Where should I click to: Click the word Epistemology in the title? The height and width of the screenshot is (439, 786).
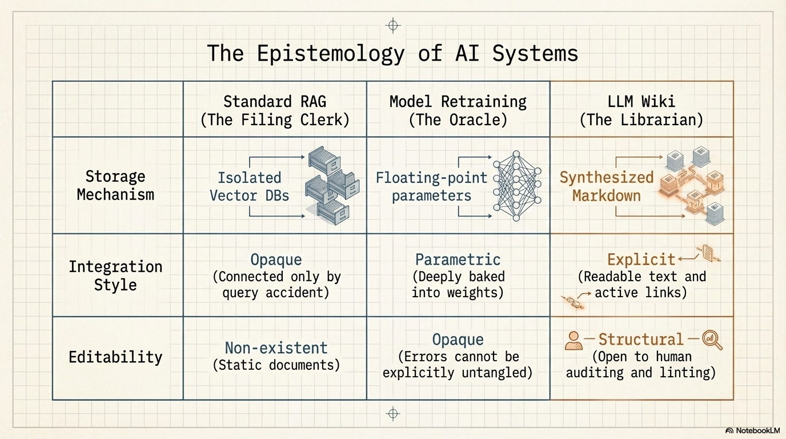point(330,53)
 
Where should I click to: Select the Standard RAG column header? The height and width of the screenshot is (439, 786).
point(275,110)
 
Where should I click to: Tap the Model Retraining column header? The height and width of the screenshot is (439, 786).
point(458,110)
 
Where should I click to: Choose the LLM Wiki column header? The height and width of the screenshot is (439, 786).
point(641,110)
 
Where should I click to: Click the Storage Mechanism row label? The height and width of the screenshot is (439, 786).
point(115,185)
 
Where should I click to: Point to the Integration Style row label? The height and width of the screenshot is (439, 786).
point(115,276)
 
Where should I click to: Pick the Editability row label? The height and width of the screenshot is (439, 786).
point(115,357)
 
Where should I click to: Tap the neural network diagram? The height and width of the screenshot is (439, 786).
point(516,186)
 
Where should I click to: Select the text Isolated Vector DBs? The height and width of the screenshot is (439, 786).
point(249,186)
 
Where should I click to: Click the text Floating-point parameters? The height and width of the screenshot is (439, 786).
point(431,186)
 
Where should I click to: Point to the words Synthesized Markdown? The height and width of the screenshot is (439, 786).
point(606,186)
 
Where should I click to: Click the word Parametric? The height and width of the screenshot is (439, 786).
point(458,260)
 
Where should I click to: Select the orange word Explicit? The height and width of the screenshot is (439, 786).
point(641,260)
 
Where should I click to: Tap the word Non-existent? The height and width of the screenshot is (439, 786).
point(276,348)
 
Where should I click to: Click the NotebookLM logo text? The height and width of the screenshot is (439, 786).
point(756,430)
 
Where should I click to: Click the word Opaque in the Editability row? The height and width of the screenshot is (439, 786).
point(458,340)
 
